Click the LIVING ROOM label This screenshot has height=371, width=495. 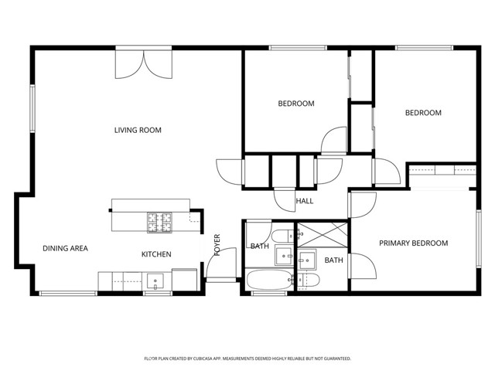click(x=138, y=130)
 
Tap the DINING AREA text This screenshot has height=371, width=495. click(x=65, y=248)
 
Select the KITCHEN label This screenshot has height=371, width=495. click(x=156, y=254)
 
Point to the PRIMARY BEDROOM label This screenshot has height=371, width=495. click(x=413, y=243)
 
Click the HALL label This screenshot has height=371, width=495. click(x=305, y=201)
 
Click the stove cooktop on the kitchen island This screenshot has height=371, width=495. click(x=161, y=223)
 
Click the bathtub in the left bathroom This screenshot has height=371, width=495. click(x=268, y=280)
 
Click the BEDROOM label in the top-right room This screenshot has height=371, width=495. click(x=423, y=113)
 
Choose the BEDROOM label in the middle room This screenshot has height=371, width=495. click(x=296, y=104)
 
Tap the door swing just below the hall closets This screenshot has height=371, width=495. click(x=285, y=197)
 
